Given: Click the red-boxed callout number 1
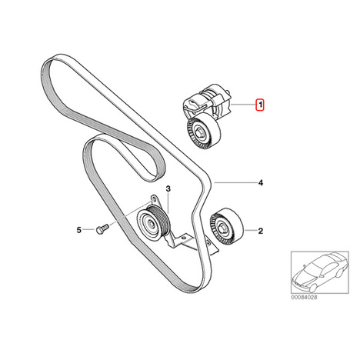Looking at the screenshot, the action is pyautogui.click(x=260, y=105).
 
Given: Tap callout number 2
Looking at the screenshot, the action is pyautogui.click(x=261, y=231).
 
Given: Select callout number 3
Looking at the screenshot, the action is pyautogui.click(x=168, y=189).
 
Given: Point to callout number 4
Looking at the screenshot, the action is pyautogui.click(x=261, y=183).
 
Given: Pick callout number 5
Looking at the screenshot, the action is pyautogui.click(x=78, y=230).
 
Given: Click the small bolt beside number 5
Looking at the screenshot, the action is pyautogui.click(x=102, y=229).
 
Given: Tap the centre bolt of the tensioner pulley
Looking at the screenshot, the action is pyautogui.click(x=199, y=133).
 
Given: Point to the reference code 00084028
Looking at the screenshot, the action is pyautogui.click(x=304, y=297).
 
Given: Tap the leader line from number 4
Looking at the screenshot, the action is pyautogui.click(x=235, y=182).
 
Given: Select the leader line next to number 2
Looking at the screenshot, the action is pyautogui.click(x=250, y=231).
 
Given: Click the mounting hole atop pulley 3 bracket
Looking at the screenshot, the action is pyautogui.click(x=153, y=198).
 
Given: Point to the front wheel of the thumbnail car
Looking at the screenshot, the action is pyautogui.click(x=312, y=288).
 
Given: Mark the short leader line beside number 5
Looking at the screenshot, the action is pyautogui.click(x=89, y=230).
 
